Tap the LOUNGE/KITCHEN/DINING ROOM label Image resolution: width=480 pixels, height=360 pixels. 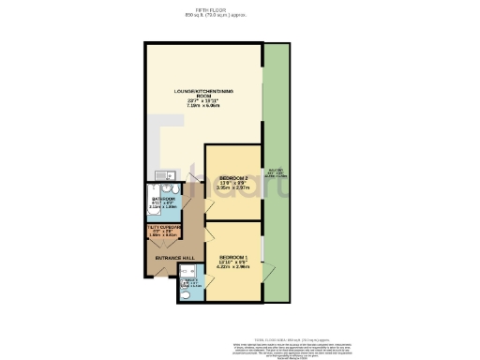[x=203, y=92]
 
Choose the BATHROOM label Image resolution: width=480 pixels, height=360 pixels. [x=162, y=200]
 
